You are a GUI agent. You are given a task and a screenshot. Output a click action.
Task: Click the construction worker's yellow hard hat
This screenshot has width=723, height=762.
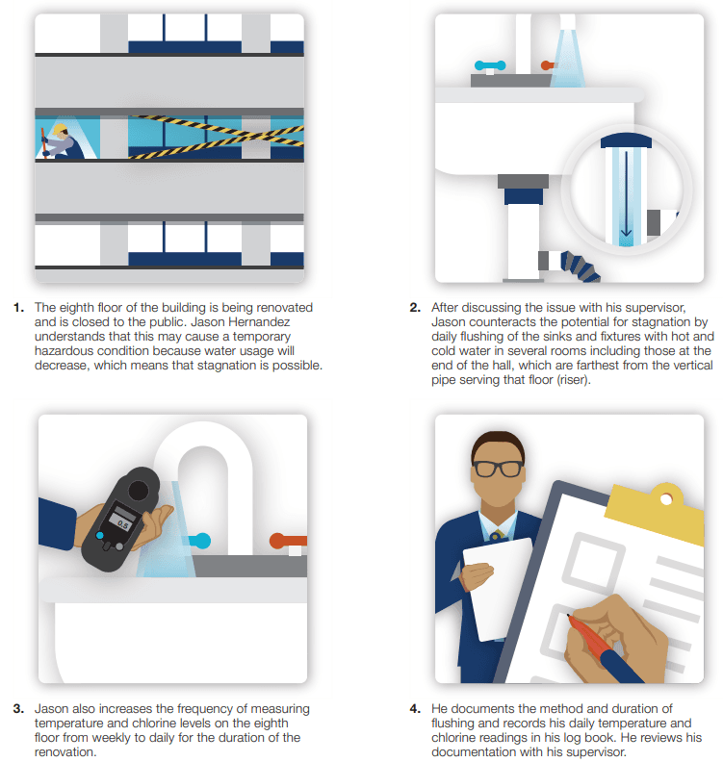60,129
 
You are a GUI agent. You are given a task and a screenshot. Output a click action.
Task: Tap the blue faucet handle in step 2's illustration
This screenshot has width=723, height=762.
490,65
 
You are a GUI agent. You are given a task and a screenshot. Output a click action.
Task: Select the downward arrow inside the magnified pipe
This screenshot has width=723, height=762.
626,194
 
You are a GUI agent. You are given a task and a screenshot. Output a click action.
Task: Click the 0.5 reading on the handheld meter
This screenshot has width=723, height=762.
123,524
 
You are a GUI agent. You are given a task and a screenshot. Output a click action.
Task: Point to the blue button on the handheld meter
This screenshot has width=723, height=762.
100,536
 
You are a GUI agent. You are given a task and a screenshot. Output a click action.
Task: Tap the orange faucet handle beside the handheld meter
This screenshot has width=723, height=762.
288,541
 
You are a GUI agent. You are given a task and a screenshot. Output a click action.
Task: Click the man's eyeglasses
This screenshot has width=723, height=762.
498,469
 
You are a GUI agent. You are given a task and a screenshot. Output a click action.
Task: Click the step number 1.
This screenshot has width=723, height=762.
18,308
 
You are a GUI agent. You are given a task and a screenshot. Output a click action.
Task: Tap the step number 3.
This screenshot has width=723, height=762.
18,709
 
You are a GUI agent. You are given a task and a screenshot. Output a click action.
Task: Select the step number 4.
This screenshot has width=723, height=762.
415,709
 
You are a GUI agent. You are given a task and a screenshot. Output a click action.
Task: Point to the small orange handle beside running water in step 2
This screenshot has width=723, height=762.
548,65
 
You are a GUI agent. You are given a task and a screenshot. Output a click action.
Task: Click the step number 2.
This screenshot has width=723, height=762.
415,308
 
